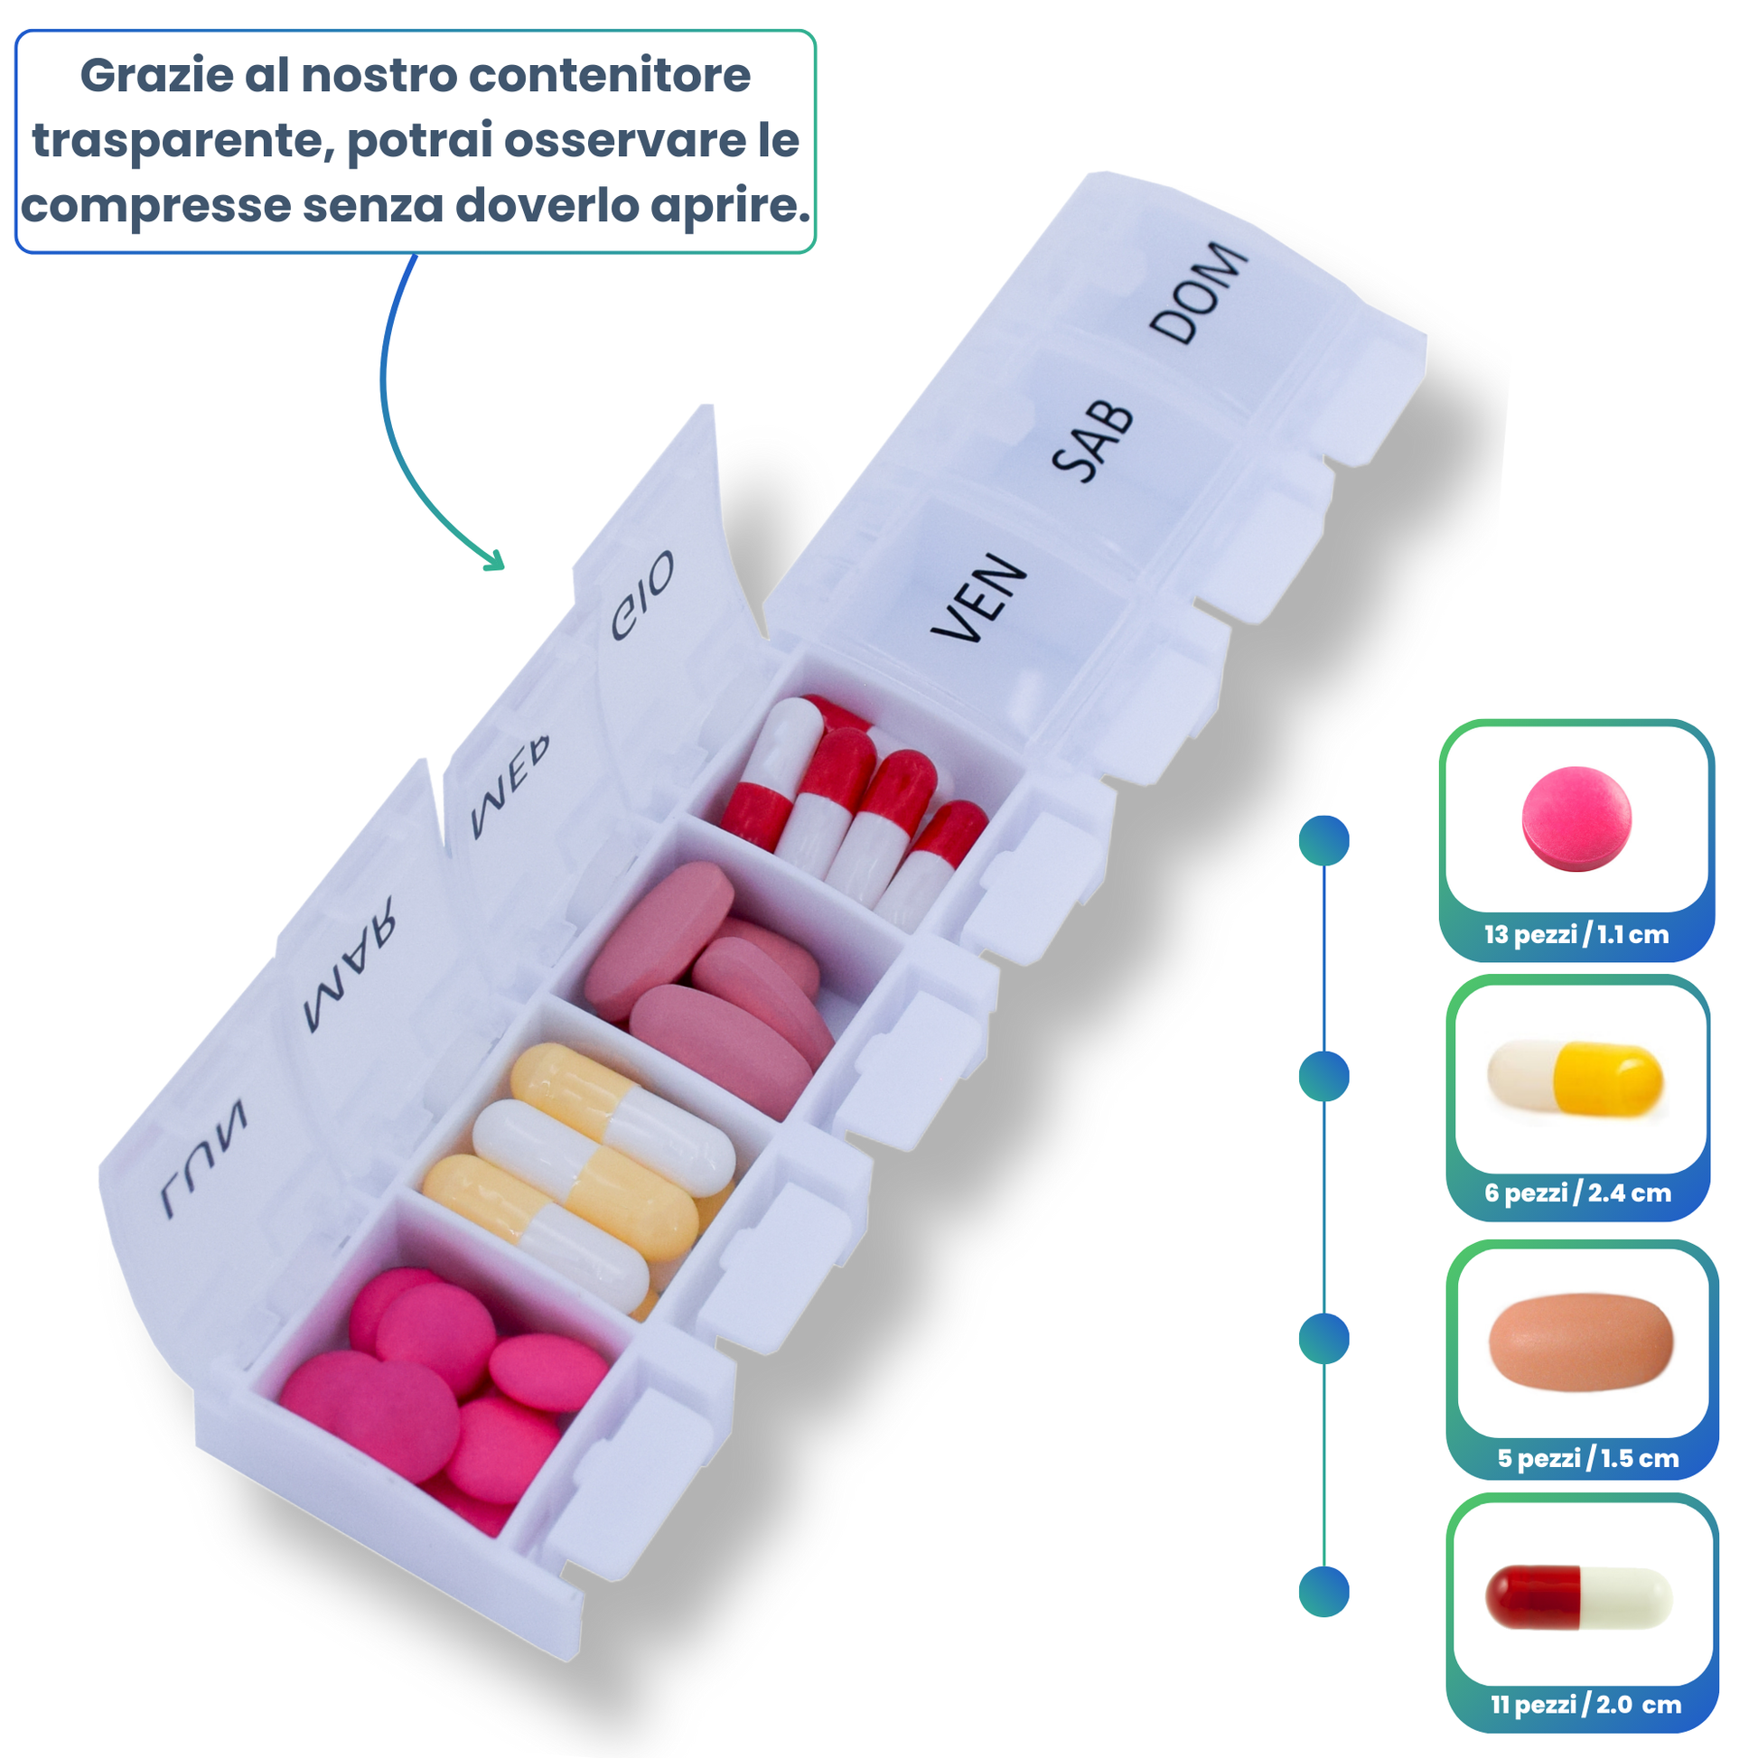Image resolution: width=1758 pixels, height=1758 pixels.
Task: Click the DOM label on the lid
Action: tap(1199, 293)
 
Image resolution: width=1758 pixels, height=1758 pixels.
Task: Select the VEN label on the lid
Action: tap(979, 599)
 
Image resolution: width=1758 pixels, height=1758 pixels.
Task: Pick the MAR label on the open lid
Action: tap(351, 966)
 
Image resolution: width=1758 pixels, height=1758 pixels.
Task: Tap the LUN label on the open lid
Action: tap(204, 1157)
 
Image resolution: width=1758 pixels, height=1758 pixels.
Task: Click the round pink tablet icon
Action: tap(1576, 819)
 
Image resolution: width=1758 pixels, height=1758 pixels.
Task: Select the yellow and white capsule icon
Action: tap(1576, 1079)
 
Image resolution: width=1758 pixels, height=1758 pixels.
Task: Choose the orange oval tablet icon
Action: tap(1581, 1342)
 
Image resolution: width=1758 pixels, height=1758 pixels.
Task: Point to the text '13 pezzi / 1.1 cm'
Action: tap(1576, 934)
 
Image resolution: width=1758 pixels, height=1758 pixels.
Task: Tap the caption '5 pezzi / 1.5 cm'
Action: tap(1587, 1459)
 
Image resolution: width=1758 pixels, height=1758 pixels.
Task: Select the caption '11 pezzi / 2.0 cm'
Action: tap(1585, 1705)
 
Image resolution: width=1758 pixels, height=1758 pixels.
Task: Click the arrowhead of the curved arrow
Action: tap(496, 561)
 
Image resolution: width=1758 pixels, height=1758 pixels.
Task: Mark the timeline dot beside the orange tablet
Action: tap(1324, 1339)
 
